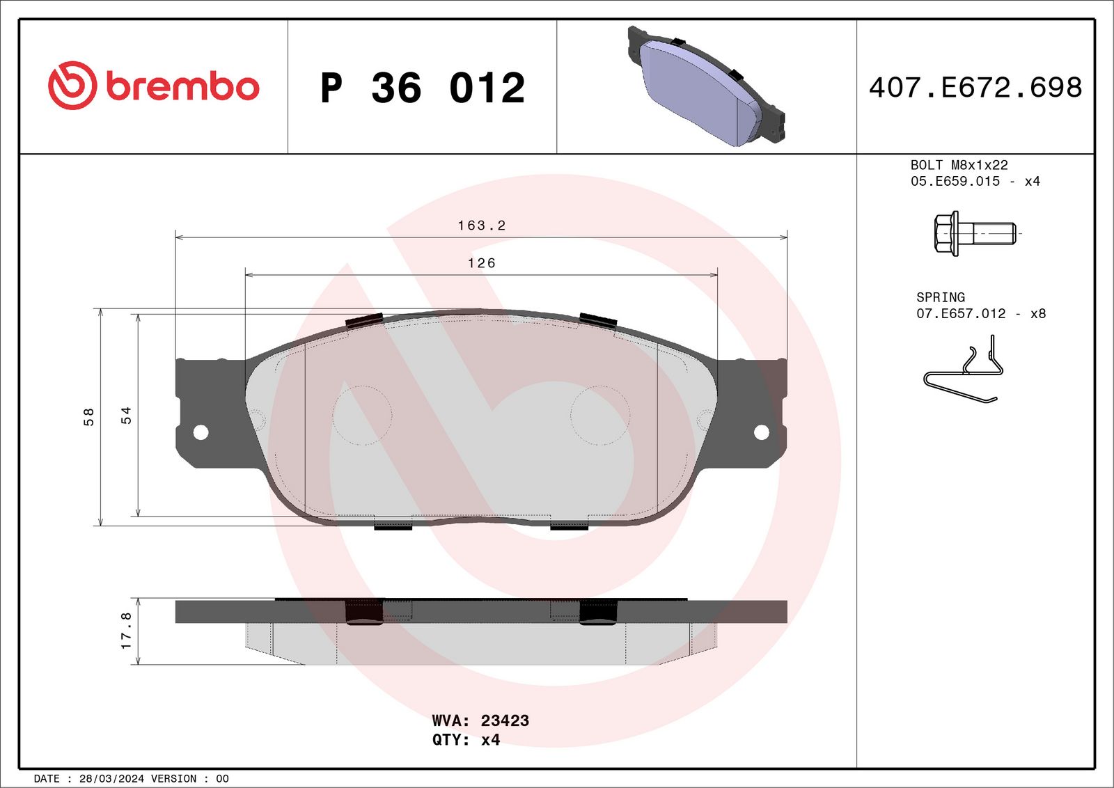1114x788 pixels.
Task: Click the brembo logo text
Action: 182,87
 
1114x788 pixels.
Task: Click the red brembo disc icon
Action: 72,86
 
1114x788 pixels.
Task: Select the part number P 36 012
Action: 423,88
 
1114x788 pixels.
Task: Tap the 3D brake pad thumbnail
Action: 706,86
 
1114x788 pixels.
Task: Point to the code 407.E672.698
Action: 975,88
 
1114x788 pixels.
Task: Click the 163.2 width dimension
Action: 481,226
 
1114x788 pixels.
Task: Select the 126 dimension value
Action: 481,263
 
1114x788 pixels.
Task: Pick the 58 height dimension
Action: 88,416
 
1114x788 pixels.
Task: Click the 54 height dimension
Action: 126,415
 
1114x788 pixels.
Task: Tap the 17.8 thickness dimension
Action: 126,631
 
